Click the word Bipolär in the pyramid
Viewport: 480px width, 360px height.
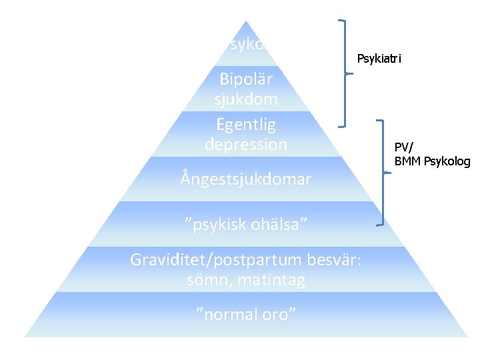point(245,79)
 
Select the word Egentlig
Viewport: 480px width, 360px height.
point(245,125)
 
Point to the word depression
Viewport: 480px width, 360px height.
point(245,144)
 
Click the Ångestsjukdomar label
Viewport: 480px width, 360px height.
point(245,179)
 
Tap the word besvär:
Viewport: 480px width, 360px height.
point(336,259)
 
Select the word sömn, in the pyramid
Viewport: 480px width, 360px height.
point(211,280)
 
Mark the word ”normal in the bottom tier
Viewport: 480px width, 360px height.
point(223,314)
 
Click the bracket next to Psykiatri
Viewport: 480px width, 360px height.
point(345,73)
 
